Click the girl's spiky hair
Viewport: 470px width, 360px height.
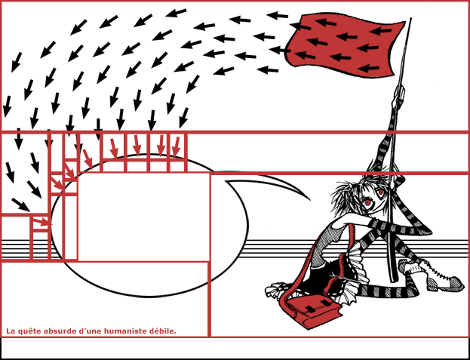360,192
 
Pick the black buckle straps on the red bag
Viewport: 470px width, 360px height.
316,305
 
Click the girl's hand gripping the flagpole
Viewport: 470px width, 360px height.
398,94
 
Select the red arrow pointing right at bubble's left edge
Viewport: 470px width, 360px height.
42,222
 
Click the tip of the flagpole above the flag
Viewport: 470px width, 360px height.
410,19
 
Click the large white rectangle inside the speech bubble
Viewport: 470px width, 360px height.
144,217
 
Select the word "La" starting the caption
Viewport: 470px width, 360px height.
11,331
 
